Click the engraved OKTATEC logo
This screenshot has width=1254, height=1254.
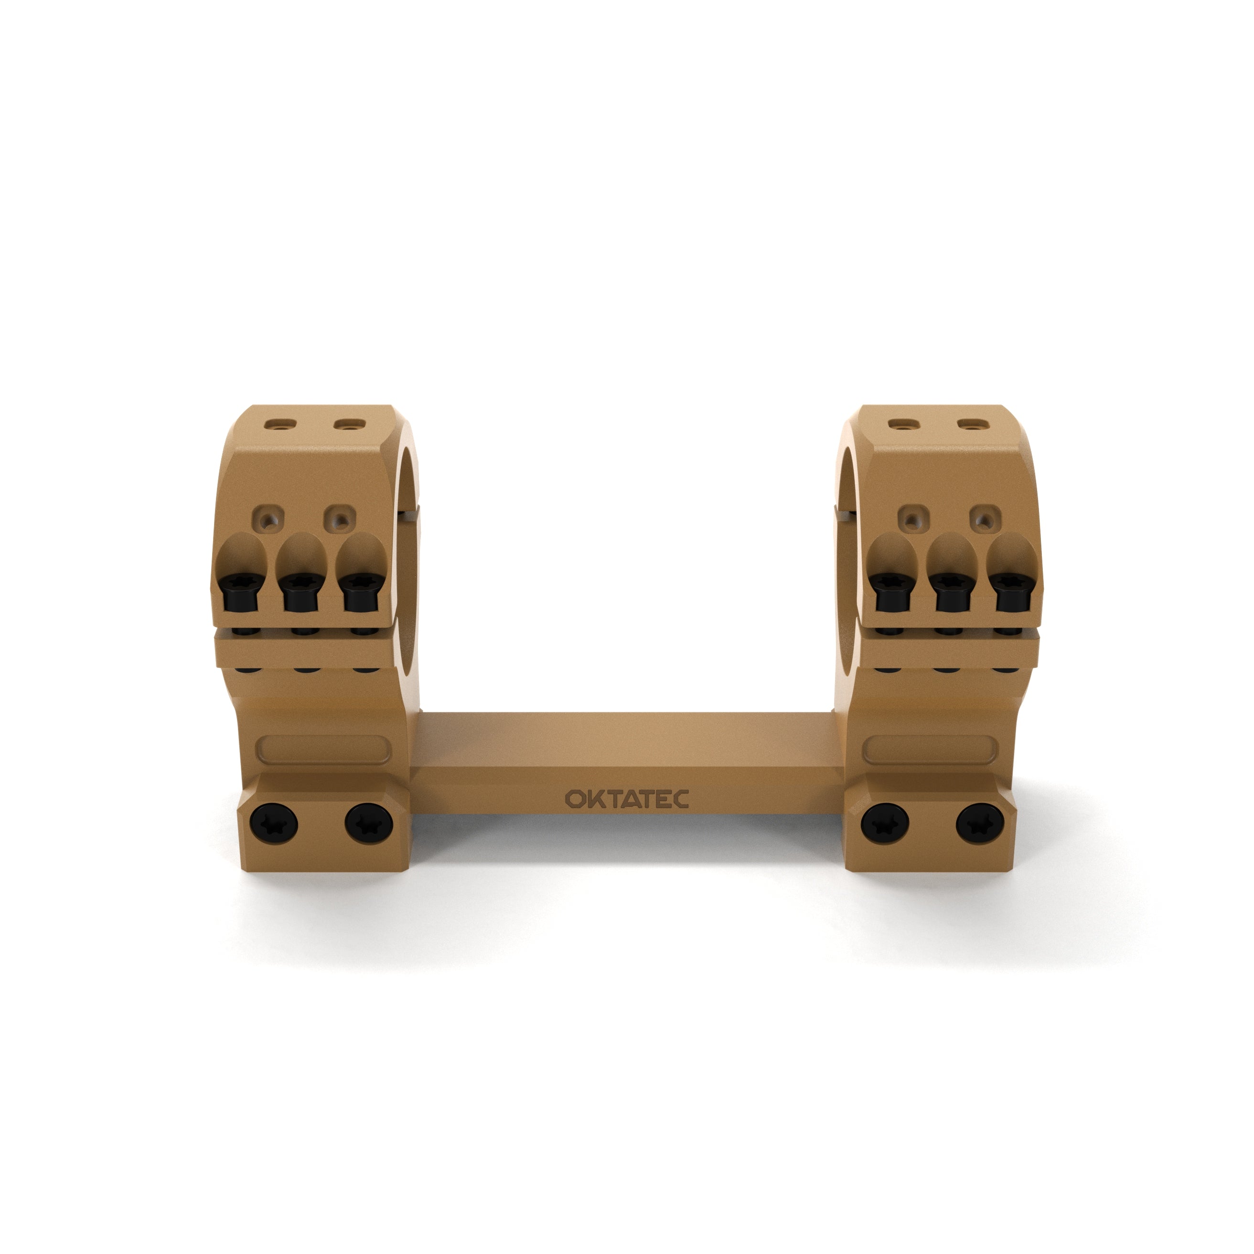[626, 799]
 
